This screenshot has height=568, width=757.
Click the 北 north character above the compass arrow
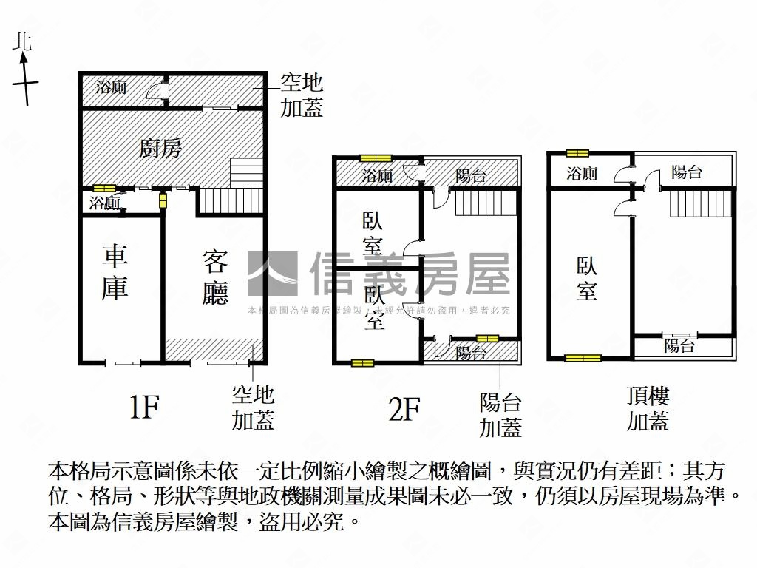pyautogui.click(x=22, y=41)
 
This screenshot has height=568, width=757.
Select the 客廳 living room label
pyautogui.click(x=215, y=277)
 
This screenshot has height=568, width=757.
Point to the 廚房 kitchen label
pyautogui.click(x=160, y=149)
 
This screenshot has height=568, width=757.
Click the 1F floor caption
pyautogui.click(x=145, y=407)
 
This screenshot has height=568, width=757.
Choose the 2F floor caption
pyautogui.click(x=404, y=408)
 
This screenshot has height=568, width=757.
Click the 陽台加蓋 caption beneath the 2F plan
pyautogui.click(x=500, y=415)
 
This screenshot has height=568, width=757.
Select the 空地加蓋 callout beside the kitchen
pyautogui.click(x=302, y=95)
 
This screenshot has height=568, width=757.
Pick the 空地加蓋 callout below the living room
pyautogui.click(x=253, y=408)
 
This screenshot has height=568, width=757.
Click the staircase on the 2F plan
pyautogui.click(x=484, y=201)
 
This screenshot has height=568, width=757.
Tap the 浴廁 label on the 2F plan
pyautogui.click(x=377, y=176)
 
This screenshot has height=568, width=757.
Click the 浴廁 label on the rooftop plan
pyautogui.click(x=582, y=174)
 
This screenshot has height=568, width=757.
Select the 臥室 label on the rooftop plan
pyautogui.click(x=587, y=278)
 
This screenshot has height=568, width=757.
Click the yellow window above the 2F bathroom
pyautogui.click(x=376, y=158)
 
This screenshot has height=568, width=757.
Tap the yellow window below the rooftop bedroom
pyautogui.click(x=583, y=359)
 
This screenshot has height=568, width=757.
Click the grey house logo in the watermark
pyautogui.click(x=272, y=274)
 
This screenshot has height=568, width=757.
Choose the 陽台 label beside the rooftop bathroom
pyautogui.click(x=687, y=173)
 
